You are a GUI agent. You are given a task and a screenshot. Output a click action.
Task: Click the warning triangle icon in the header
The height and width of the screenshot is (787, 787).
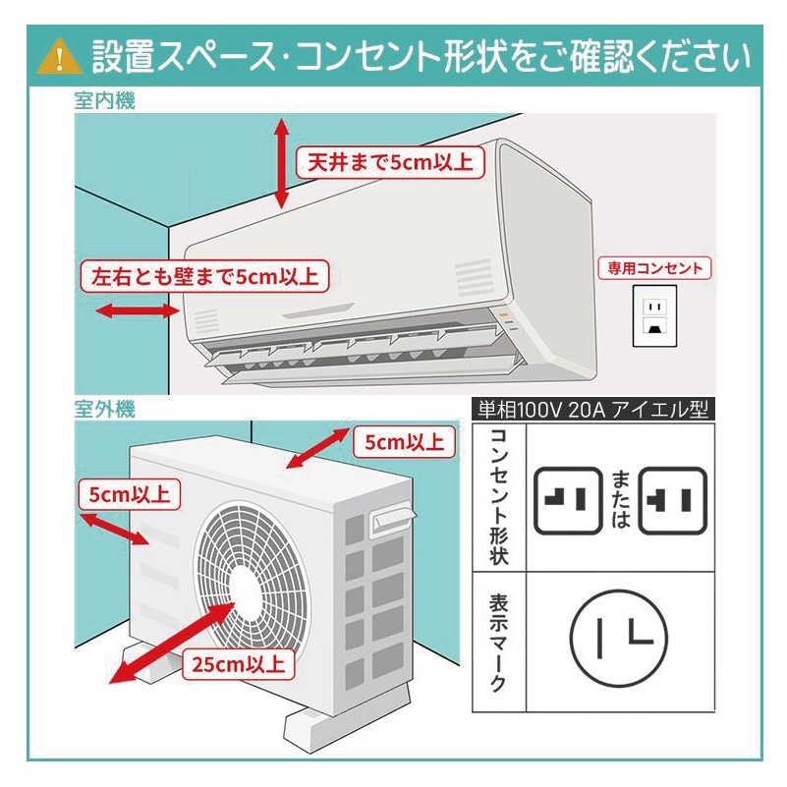click(59, 57)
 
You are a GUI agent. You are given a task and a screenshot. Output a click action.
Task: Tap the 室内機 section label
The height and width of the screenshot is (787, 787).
click(104, 100)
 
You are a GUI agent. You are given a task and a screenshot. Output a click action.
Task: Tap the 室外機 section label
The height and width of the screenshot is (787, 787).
click(104, 407)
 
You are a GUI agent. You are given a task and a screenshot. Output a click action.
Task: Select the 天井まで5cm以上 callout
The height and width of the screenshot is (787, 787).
click(391, 162)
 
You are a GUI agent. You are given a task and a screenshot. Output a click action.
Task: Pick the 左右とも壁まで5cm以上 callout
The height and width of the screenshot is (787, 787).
click(204, 277)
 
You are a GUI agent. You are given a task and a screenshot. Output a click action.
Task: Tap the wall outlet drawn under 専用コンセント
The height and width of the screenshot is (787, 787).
click(654, 316)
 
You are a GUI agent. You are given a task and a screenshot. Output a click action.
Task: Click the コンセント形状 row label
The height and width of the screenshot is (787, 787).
click(499, 496)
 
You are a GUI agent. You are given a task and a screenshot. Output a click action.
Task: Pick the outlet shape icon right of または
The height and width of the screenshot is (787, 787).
click(672, 500)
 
